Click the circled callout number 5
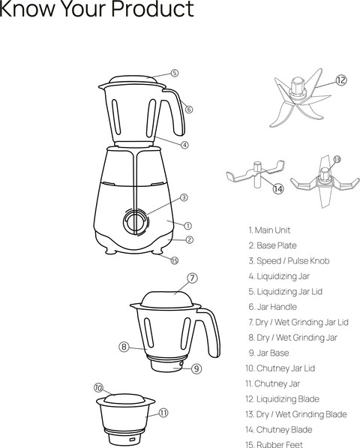pos(174,74)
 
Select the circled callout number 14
pos(277,188)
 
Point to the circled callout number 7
pos(192,278)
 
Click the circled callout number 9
pos(196,368)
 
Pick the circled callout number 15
pos(174,260)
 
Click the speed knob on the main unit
pos(136,222)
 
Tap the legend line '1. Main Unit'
pos(269,230)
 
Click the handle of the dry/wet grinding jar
pos(211,330)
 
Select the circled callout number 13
pos(337,159)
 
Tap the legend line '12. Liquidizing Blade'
pos(282,398)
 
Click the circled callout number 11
pos(163,412)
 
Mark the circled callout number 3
pos(184,197)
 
